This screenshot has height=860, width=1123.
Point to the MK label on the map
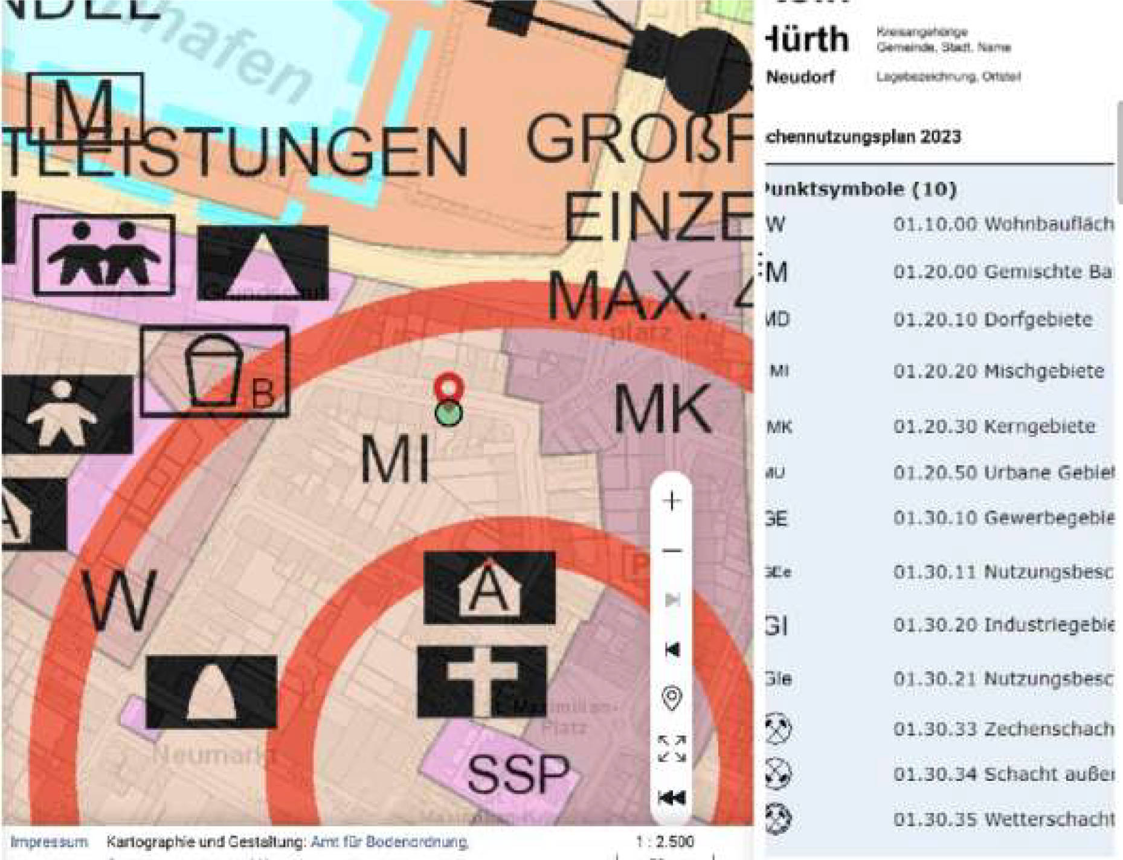click(x=663, y=410)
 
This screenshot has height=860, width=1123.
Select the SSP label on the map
click(x=518, y=775)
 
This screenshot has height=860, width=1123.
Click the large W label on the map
click(x=119, y=601)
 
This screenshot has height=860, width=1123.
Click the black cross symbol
click(x=482, y=682)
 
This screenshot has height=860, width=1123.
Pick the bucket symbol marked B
click(x=215, y=371)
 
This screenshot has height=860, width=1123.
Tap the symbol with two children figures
click(x=104, y=254)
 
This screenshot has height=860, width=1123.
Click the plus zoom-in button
click(x=672, y=501)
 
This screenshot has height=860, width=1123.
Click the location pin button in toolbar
click(x=672, y=698)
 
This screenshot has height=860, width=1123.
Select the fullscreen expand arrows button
click(x=672, y=748)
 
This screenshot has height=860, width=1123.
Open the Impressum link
click(x=49, y=842)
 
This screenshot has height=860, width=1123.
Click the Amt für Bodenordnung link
click(x=389, y=842)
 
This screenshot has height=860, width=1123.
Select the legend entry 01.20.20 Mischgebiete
click(x=998, y=371)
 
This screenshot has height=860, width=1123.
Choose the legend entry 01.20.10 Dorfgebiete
click(x=993, y=319)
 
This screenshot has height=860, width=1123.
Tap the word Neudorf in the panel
click(x=801, y=77)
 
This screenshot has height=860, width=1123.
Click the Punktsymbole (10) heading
click(x=860, y=190)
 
